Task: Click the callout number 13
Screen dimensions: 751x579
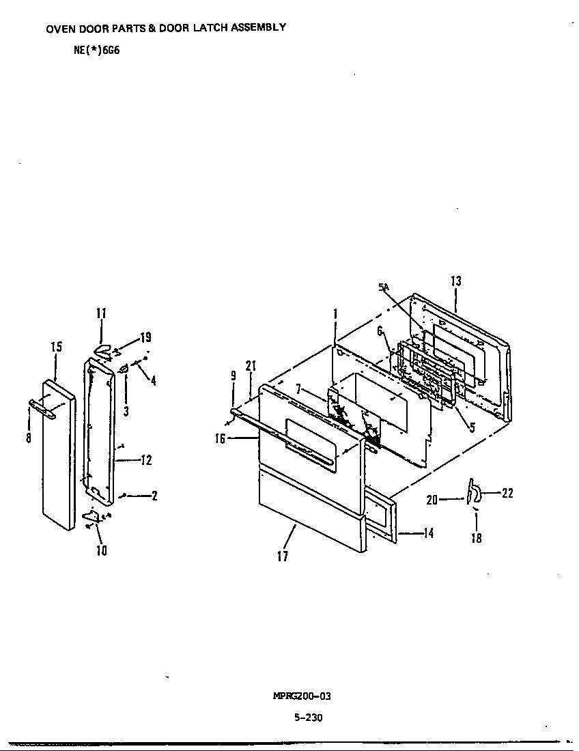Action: point(456,281)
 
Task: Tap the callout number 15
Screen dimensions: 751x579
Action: point(56,347)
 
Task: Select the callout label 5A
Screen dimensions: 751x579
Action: point(384,287)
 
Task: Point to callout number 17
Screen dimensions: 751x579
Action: point(283,556)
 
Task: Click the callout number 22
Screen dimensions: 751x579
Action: point(507,493)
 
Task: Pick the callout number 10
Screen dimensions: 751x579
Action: point(101,550)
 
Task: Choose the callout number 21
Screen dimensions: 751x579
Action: point(251,366)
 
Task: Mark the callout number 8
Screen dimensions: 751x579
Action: point(29,438)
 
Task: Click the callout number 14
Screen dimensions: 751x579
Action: point(428,534)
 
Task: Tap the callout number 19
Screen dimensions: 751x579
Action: point(145,337)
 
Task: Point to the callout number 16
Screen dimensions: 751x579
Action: point(220,439)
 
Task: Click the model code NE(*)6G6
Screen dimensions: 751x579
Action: point(96,50)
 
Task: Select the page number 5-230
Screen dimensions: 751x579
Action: point(309,718)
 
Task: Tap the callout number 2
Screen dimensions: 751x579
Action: point(154,496)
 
